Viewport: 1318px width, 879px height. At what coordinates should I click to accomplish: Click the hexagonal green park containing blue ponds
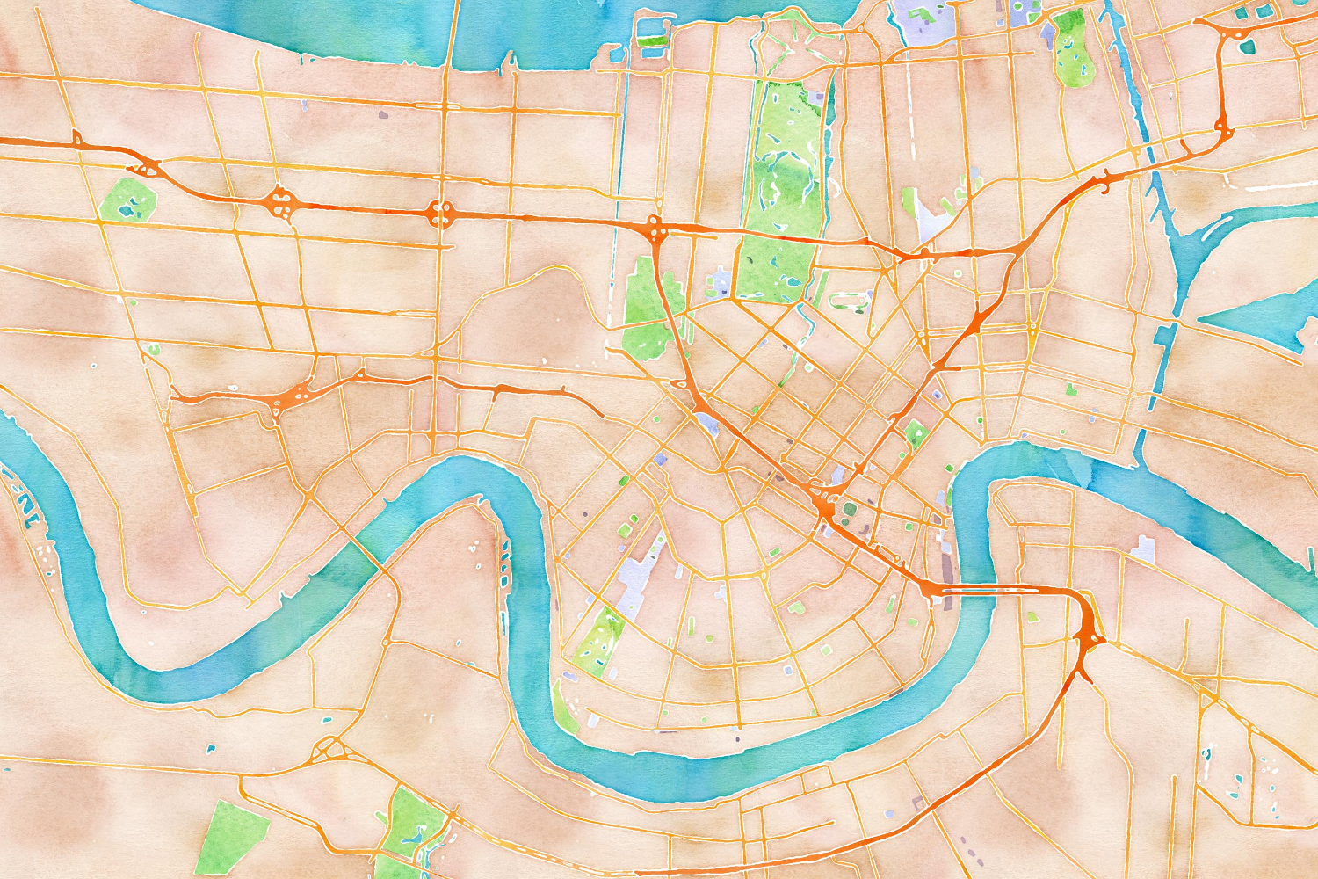click(x=128, y=200)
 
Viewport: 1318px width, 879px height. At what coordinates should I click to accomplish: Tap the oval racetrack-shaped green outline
click(x=849, y=301)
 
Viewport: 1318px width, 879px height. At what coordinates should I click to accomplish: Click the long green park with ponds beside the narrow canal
click(x=1072, y=48)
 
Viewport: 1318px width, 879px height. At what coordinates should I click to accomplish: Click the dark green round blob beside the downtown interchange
click(x=850, y=508)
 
